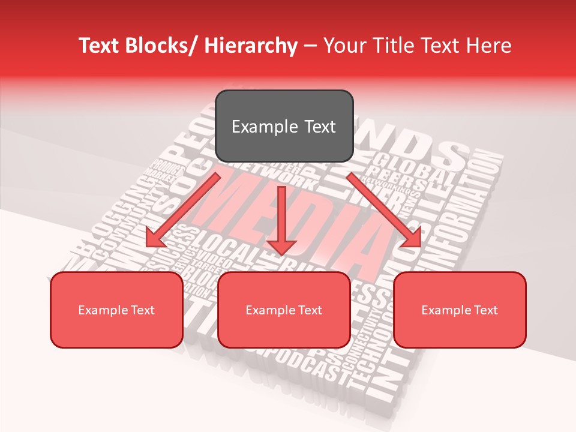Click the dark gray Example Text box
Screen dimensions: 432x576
pyautogui.click(x=284, y=126)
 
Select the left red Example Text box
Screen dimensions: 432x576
pyautogui.click(x=116, y=310)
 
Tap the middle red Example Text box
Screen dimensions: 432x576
pyautogui.click(x=284, y=310)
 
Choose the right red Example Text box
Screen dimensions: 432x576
pyautogui.click(x=460, y=310)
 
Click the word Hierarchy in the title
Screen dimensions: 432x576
pyautogui.click(x=251, y=46)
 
